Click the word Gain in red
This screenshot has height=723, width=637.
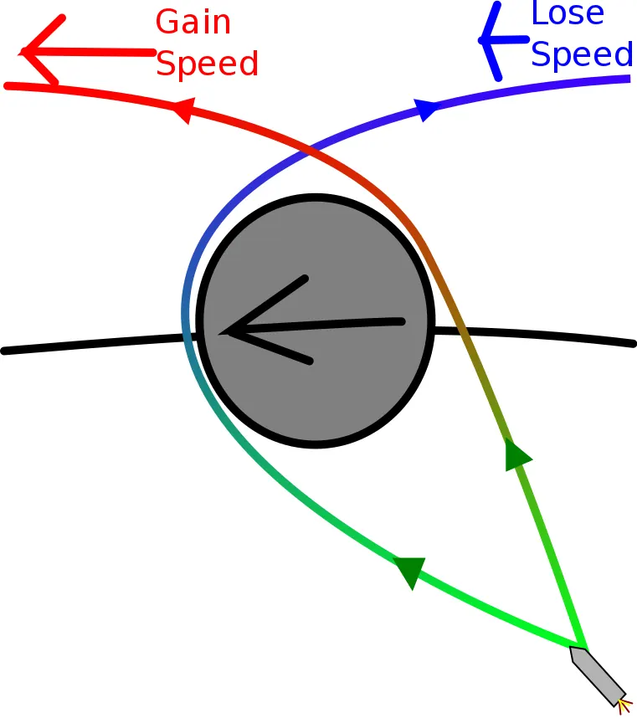[193, 22]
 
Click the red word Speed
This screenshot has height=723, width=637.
[207, 64]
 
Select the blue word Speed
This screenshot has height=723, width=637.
[582, 54]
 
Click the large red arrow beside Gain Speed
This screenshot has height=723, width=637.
[88, 52]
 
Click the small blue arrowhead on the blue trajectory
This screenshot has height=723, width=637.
[425, 110]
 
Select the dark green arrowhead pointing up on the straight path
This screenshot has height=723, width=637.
[516, 454]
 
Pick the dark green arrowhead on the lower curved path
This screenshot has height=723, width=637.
[410, 572]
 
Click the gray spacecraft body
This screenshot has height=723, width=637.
[598, 676]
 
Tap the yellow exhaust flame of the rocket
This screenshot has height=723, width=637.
[625, 706]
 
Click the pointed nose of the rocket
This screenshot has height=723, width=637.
[586, 649]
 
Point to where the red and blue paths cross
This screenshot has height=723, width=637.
[311, 148]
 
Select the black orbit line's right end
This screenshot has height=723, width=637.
[634, 344]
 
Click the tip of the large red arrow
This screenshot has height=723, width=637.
[20, 52]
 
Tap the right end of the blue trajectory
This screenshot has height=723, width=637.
[630, 79]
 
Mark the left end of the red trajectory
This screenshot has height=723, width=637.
[7, 85]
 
